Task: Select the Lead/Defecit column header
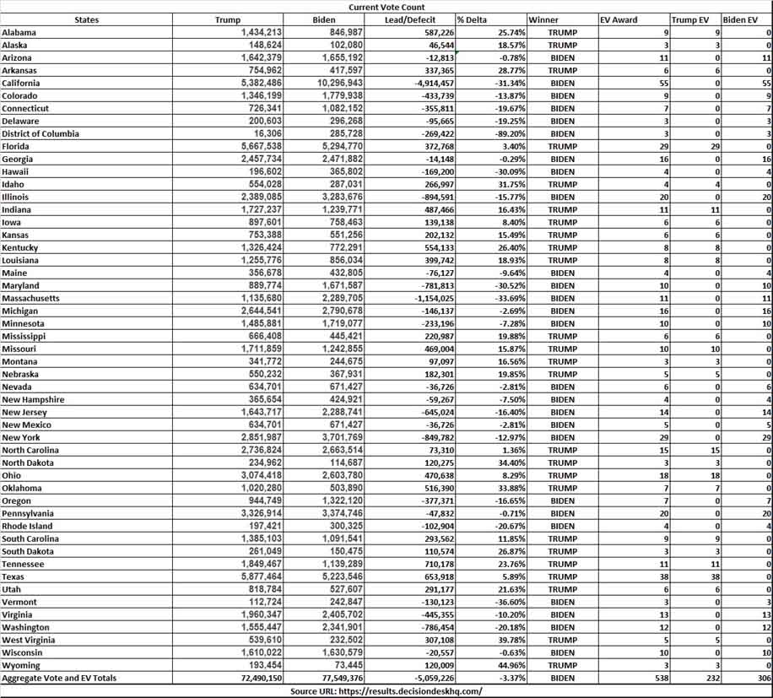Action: (x=408, y=19)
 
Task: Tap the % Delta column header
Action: (x=474, y=19)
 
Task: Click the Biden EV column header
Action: (x=740, y=19)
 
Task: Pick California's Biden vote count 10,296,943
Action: (x=338, y=84)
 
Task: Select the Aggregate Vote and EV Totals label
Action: (x=59, y=679)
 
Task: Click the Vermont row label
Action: (x=19, y=601)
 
